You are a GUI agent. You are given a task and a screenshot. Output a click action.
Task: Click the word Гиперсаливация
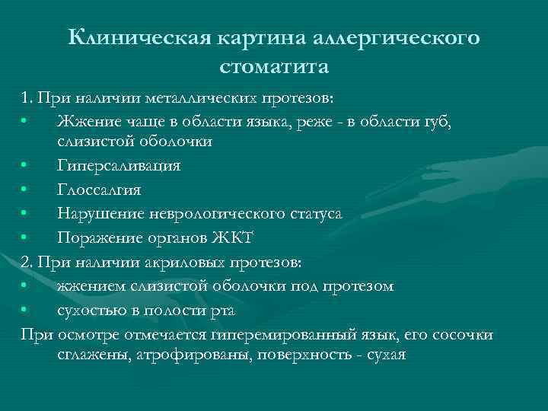(x=118, y=166)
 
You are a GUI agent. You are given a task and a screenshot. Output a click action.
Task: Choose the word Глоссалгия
(x=98, y=190)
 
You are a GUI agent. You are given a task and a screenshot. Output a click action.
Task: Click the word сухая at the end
(x=385, y=355)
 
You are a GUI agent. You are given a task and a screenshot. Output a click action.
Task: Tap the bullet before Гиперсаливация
(x=25, y=167)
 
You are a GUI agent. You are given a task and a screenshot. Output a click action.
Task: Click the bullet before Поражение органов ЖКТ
(x=25, y=238)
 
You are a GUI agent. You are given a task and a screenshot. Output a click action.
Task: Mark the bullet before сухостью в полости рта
(x=25, y=311)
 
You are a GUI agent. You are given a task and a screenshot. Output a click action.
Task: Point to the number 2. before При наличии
(x=28, y=263)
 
